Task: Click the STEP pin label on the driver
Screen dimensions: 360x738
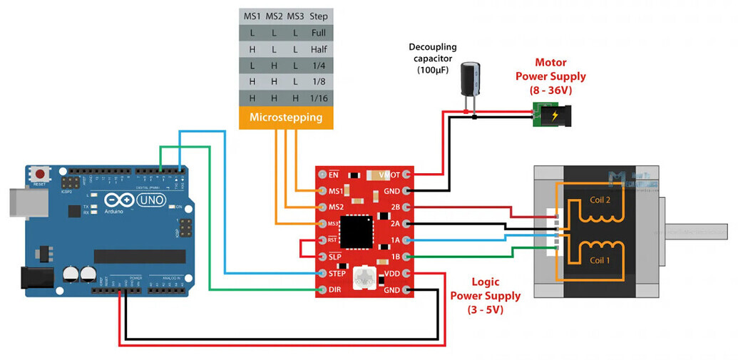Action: pos(337,273)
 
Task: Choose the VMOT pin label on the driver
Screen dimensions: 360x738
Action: pos(389,174)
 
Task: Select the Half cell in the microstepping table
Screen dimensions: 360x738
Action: pos(319,50)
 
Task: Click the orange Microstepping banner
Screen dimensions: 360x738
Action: pos(285,117)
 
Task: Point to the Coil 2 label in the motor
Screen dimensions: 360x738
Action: pos(600,200)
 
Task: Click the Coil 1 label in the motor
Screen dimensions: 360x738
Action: pos(600,260)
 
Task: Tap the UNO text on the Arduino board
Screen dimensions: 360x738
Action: pos(150,201)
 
